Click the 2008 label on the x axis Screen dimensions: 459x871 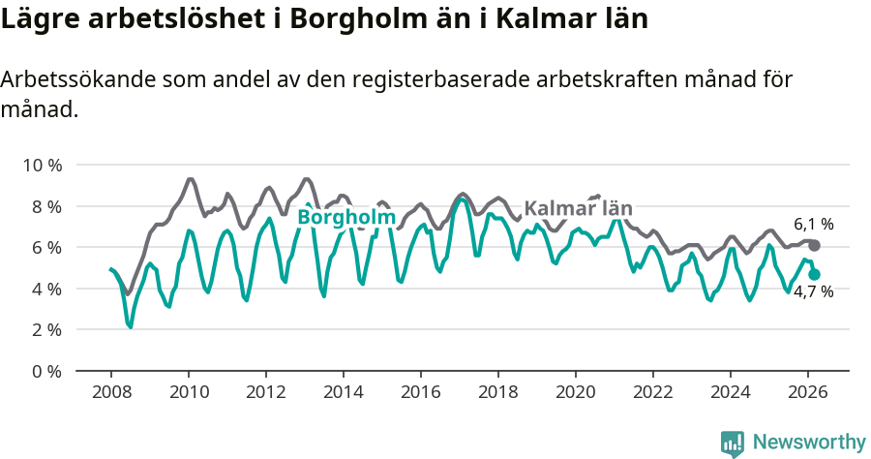pos(111,392)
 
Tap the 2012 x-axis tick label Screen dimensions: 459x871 pos(266,392)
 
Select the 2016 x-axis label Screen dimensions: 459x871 pos(421,392)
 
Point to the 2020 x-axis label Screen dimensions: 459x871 pos(576,392)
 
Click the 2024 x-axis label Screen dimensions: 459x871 pos(731,392)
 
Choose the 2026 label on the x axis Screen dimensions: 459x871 pos(808,392)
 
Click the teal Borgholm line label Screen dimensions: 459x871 pos(345,218)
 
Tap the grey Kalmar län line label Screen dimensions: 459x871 pos(578,208)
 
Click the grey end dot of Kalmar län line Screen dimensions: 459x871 pos(814,245)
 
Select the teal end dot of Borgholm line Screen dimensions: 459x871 pos(814,274)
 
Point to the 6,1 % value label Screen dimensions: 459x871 pos(813,224)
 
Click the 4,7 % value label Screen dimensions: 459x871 pos(813,291)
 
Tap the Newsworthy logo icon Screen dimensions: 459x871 pos(733,443)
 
